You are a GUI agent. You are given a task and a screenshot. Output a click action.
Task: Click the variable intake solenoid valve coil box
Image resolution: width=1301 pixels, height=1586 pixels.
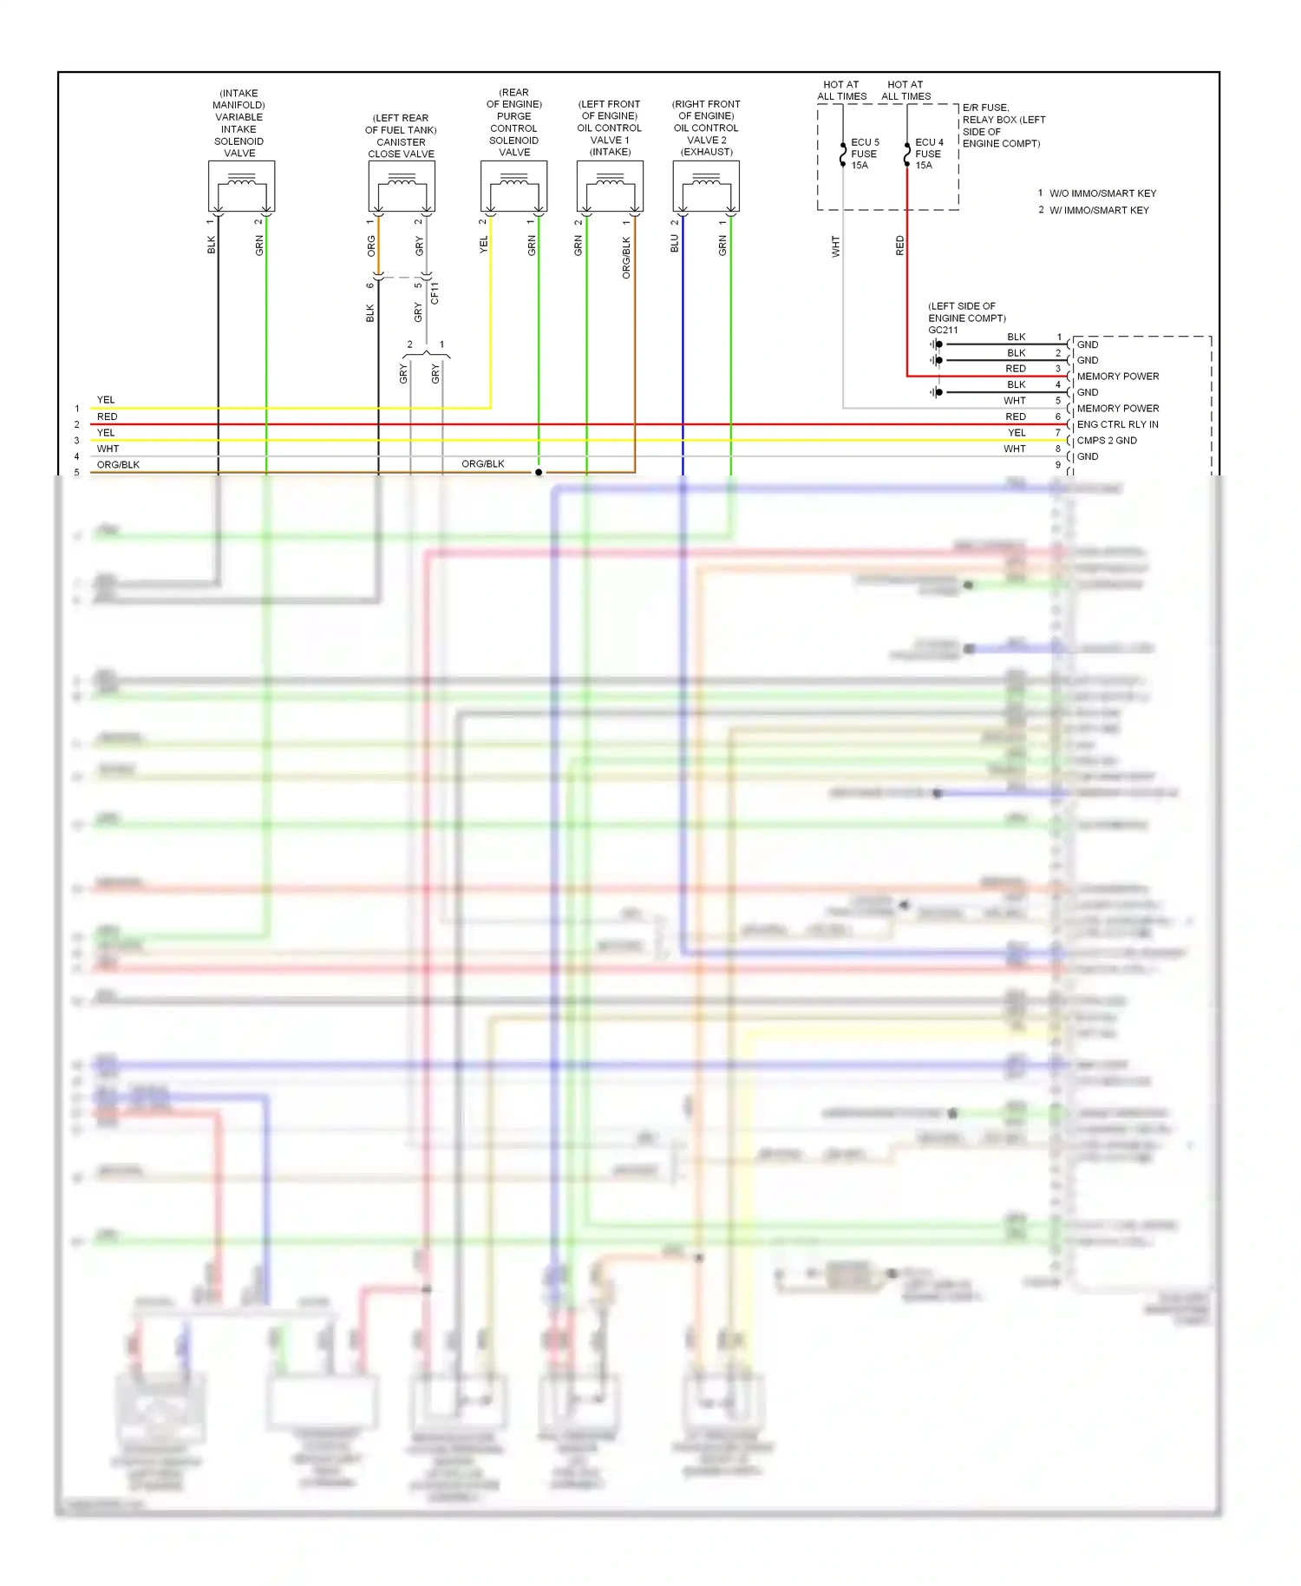241,185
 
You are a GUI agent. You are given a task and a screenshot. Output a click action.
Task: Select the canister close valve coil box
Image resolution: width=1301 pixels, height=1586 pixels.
402,185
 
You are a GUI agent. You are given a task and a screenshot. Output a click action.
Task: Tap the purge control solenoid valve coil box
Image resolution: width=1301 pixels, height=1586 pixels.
513,185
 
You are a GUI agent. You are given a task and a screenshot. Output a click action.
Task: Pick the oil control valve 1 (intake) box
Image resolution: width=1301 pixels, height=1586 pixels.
610,185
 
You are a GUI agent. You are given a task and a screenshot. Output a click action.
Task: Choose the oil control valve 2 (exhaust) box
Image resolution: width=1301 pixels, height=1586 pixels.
706,185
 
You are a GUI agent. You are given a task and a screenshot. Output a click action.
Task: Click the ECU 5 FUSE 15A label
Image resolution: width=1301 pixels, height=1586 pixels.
864,154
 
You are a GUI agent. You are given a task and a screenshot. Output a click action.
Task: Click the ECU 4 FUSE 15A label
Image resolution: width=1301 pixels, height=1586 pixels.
928,154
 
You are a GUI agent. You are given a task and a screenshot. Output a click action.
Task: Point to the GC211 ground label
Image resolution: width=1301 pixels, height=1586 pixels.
943,330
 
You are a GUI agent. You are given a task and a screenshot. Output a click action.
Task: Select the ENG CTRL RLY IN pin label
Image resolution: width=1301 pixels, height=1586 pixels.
1117,424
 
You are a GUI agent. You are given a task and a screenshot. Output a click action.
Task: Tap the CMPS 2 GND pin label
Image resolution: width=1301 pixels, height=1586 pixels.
1107,441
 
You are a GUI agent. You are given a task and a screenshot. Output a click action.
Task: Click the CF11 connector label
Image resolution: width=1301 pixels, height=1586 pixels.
435,293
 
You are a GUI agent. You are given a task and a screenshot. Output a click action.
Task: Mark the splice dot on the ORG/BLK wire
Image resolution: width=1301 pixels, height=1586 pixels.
539,472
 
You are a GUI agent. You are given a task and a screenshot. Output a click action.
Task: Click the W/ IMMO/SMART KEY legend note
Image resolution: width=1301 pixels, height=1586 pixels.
1099,210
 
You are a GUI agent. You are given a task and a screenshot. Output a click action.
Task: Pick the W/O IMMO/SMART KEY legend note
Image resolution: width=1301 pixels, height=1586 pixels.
1102,193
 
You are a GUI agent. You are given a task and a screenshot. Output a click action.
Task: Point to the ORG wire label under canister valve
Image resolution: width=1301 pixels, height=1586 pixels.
371,246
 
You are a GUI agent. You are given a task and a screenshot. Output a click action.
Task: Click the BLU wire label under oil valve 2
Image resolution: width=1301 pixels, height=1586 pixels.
675,244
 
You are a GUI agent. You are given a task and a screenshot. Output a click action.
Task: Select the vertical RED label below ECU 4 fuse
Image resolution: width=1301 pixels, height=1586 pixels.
900,246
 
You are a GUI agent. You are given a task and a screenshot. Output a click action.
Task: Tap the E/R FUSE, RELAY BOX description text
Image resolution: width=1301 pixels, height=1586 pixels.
1003,126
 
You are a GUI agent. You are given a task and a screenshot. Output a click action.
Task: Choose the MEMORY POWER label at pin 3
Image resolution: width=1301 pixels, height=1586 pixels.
1117,377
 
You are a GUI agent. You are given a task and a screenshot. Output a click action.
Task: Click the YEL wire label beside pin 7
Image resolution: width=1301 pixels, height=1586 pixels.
1017,433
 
